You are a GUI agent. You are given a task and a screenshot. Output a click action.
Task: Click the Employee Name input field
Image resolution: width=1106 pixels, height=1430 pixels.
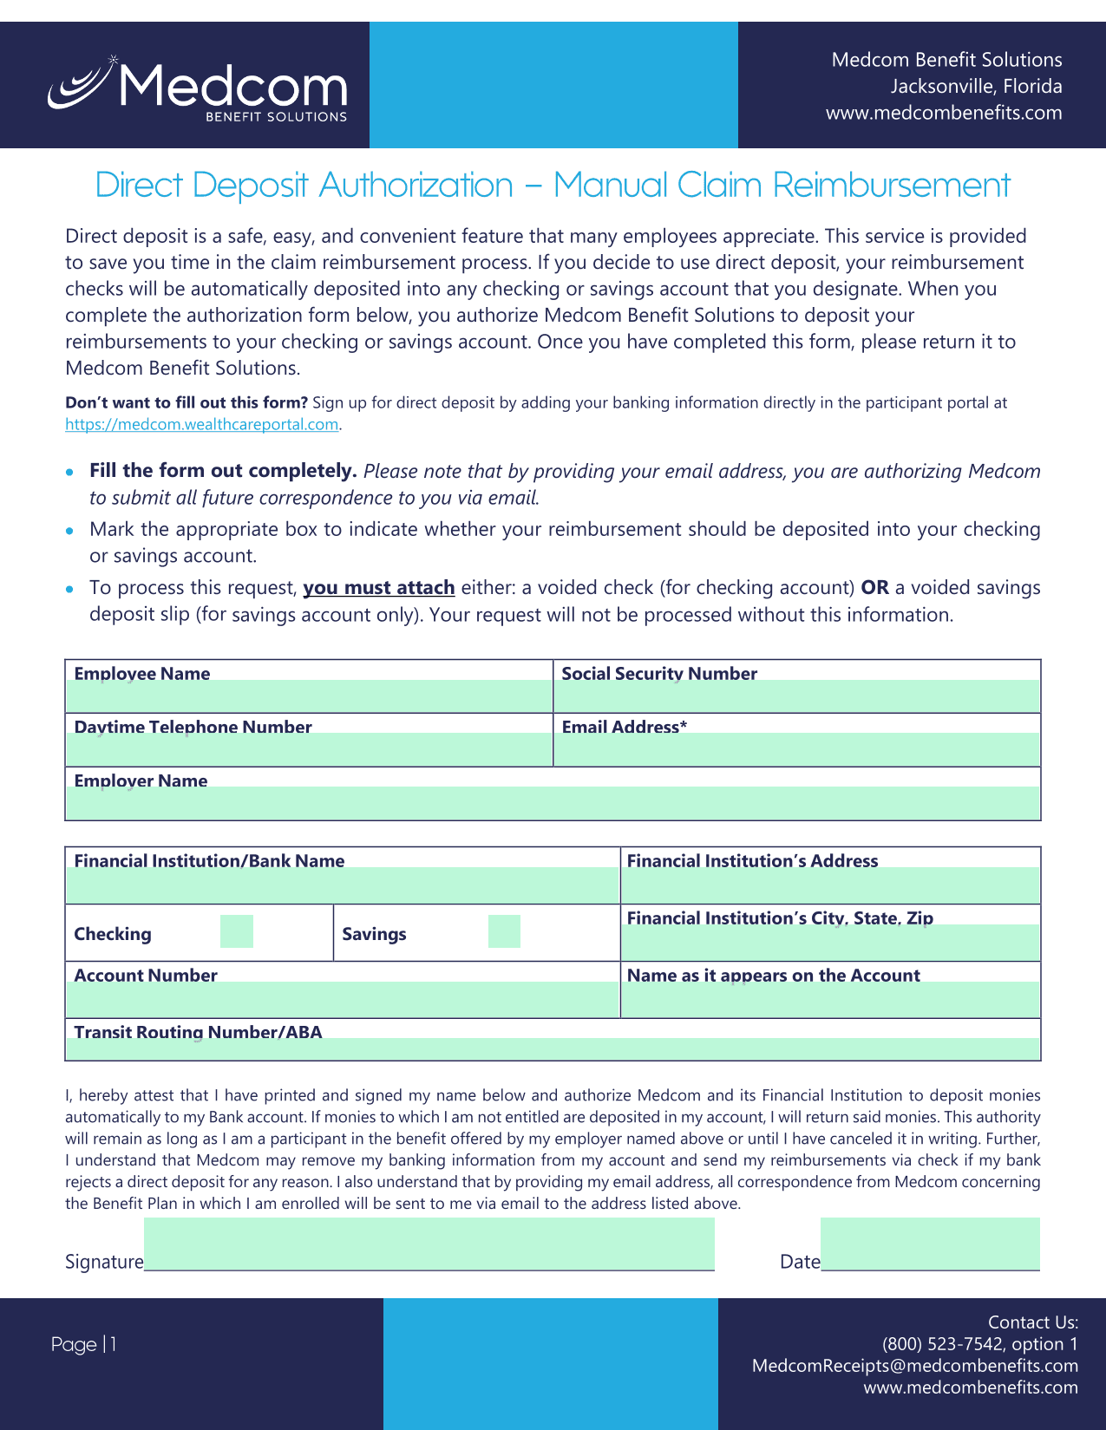point(309,696)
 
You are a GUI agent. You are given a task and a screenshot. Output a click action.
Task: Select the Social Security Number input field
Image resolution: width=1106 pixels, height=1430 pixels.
point(796,696)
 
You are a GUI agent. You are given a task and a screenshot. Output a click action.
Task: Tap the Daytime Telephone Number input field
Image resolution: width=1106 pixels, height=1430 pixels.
point(309,749)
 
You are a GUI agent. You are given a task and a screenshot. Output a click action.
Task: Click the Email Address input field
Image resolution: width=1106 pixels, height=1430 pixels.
point(796,749)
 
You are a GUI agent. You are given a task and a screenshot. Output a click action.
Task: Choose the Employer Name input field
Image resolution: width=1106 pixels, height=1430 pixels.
point(553,803)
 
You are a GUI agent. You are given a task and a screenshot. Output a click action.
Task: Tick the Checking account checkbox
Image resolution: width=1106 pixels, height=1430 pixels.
point(237,931)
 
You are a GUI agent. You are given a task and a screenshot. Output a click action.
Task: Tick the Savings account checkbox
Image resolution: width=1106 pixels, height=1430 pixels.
point(504,931)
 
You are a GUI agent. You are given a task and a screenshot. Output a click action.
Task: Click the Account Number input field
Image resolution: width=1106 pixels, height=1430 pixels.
point(342,999)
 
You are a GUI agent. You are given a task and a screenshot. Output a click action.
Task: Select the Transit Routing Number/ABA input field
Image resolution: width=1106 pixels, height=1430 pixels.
point(553,1048)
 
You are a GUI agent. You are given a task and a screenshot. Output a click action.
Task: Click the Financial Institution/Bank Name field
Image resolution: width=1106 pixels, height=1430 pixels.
point(342,885)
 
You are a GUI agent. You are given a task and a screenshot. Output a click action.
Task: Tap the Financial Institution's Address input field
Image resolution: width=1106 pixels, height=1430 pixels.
point(831,885)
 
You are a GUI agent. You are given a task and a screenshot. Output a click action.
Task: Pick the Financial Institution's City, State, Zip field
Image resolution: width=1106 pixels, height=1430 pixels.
point(831,942)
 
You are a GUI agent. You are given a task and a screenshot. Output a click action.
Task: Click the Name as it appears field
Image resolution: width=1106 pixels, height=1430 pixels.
point(831,999)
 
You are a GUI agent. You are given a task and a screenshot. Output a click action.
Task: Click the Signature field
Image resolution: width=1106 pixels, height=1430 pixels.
point(429,1244)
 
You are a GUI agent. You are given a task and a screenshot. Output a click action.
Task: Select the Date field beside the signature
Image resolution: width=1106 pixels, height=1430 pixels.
point(930,1244)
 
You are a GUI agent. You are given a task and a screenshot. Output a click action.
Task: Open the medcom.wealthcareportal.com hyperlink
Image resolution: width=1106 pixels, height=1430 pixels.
point(201,424)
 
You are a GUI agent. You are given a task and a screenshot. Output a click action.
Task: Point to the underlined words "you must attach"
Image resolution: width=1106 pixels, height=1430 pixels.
point(378,588)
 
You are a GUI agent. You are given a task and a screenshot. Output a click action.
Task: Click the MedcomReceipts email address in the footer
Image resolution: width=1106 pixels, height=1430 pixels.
point(914,1366)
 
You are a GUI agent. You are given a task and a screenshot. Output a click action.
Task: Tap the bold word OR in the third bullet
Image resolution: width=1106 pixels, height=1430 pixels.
point(874,588)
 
